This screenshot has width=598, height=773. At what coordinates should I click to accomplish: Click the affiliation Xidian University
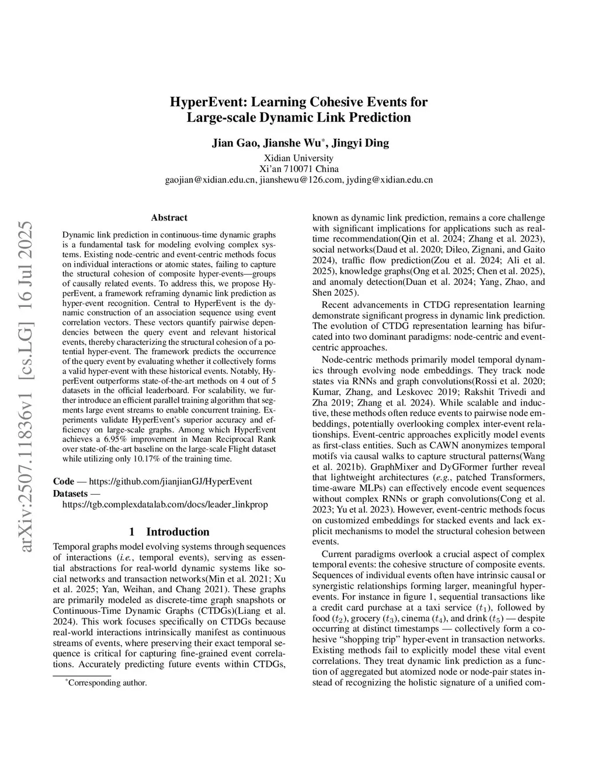click(298, 158)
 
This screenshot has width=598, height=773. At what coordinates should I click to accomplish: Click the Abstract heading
click(169, 218)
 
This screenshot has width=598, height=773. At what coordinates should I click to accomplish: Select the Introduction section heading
click(169, 531)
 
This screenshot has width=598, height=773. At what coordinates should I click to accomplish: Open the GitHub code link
click(170, 481)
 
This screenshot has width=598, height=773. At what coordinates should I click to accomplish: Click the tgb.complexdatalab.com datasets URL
click(165, 504)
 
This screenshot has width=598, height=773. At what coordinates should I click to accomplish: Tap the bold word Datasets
click(70, 493)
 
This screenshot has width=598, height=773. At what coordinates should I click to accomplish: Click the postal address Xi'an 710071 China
click(298, 169)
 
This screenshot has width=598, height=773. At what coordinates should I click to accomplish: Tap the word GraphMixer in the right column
click(393, 467)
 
